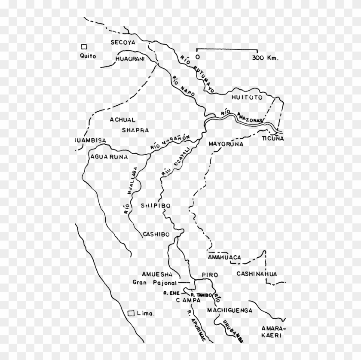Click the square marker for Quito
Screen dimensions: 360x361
(x=85, y=47)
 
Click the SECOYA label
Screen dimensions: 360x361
(x=122, y=43)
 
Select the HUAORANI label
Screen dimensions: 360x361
(x=131, y=60)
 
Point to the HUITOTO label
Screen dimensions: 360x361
(x=246, y=98)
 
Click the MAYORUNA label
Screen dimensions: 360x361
(x=226, y=144)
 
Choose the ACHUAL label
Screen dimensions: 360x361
(x=122, y=120)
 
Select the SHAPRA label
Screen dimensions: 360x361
(x=135, y=130)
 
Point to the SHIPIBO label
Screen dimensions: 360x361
(x=156, y=206)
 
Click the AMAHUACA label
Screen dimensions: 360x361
(x=223, y=257)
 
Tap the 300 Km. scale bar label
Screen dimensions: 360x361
(x=266, y=57)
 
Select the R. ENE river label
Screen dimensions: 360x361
(x=171, y=293)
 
